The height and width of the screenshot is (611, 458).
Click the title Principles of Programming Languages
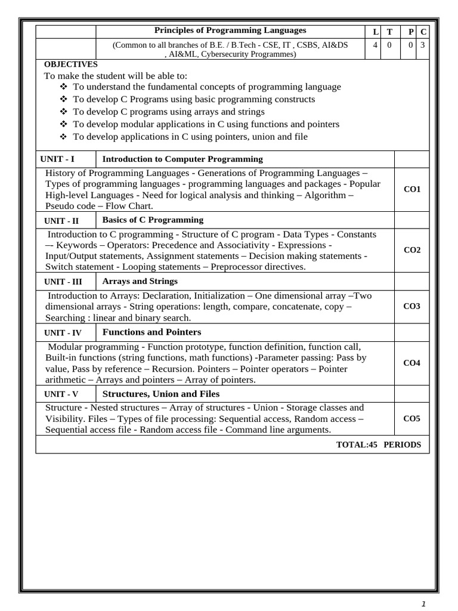click(230, 30)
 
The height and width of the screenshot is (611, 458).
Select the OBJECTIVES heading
click(70, 64)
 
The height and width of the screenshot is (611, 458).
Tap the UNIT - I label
click(58, 159)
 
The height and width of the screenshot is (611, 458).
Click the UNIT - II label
click(61, 221)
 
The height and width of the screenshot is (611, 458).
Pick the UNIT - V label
click(61, 394)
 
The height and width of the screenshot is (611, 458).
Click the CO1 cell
click(412, 189)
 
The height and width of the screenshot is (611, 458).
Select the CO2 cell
click(412, 250)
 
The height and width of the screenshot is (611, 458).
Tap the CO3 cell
click(412, 306)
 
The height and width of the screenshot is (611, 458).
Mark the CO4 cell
click(412, 363)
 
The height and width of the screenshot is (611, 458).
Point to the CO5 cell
click(412, 418)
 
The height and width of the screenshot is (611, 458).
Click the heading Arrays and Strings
click(140, 281)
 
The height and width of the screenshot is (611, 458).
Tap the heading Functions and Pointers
click(152, 332)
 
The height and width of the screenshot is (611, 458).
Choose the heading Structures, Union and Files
click(161, 394)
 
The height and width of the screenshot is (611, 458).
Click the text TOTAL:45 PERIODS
click(379, 445)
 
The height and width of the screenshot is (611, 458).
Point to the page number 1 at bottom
click(423, 603)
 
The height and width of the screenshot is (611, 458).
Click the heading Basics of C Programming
click(153, 220)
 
